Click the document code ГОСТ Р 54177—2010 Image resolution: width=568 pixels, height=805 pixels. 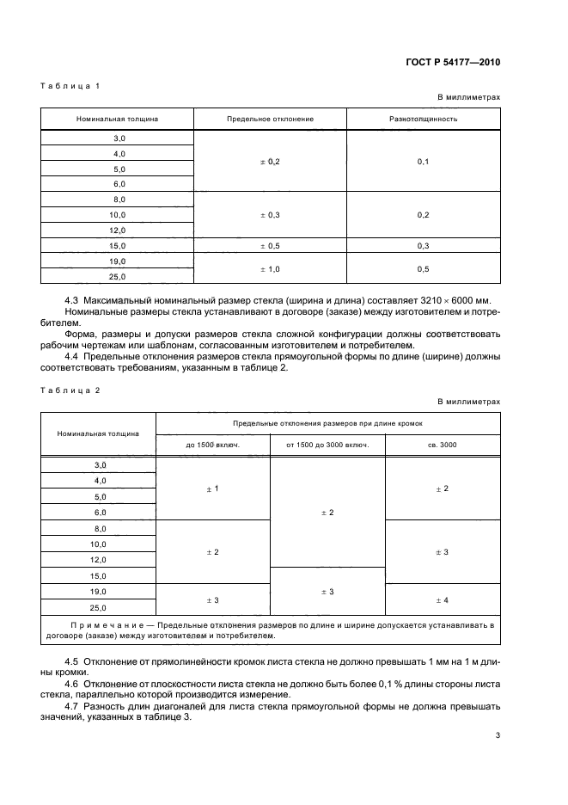click(452, 63)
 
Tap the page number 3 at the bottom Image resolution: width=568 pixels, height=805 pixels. click(498, 735)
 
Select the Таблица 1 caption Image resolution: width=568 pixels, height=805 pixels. click(70, 85)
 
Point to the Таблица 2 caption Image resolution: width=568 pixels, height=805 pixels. click(70, 390)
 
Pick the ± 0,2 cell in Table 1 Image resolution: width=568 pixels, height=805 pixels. click(270, 161)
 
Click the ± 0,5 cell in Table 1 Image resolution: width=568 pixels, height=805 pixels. click(270, 245)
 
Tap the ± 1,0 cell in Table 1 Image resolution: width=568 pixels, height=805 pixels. click(270, 268)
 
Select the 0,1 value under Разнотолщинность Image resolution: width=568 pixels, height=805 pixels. click(423, 161)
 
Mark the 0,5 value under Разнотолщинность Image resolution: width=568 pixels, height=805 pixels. click(423, 268)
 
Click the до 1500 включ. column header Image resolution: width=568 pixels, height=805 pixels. click(213, 445)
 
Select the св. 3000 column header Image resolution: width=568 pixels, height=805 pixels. click(442, 445)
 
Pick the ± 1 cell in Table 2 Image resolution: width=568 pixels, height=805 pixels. click(213, 489)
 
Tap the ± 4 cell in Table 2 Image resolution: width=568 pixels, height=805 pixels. click(442, 599)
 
